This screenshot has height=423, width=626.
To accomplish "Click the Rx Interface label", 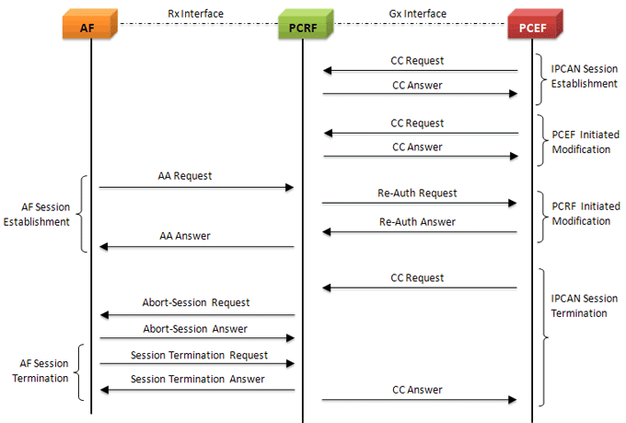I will [196, 13].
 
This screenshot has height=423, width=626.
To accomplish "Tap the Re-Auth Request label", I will [417, 193].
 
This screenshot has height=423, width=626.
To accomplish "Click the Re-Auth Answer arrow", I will [419, 232].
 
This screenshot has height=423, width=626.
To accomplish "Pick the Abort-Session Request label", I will [196, 302].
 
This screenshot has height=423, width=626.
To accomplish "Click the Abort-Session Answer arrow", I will [196, 339].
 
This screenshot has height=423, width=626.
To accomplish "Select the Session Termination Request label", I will [199, 355].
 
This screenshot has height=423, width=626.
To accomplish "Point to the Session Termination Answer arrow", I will [196, 390].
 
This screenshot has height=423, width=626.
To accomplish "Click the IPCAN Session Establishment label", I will [584, 76].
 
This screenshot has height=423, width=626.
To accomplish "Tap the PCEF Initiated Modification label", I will [585, 142].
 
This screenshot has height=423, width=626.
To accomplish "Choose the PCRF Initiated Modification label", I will [585, 215].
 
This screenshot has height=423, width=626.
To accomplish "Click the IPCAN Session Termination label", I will [584, 306].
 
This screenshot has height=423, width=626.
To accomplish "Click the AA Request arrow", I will [196, 187].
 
